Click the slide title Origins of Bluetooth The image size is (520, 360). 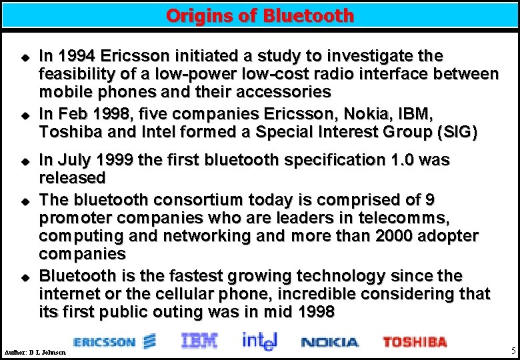260,15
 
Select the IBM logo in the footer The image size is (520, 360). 199,341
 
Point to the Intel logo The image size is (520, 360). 258,341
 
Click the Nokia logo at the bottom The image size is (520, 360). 329,343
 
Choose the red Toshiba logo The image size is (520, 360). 414,342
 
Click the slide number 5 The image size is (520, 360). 513,351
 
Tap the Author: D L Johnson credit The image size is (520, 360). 35,351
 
